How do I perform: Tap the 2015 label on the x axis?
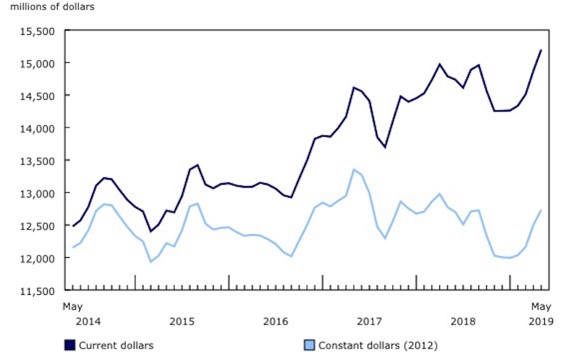pyautogui.click(x=182, y=320)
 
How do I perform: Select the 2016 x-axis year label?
pyautogui.click(x=276, y=320)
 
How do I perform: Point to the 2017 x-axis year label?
pyautogui.click(x=369, y=320)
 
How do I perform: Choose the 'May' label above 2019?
pyautogui.click(x=541, y=306)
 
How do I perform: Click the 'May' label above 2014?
pyautogui.click(x=72, y=306)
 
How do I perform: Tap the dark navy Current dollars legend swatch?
pyautogui.click(x=70, y=345)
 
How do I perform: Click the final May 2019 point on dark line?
pyautogui.click(x=541, y=50)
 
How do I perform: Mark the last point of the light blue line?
pyautogui.click(x=541, y=210)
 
